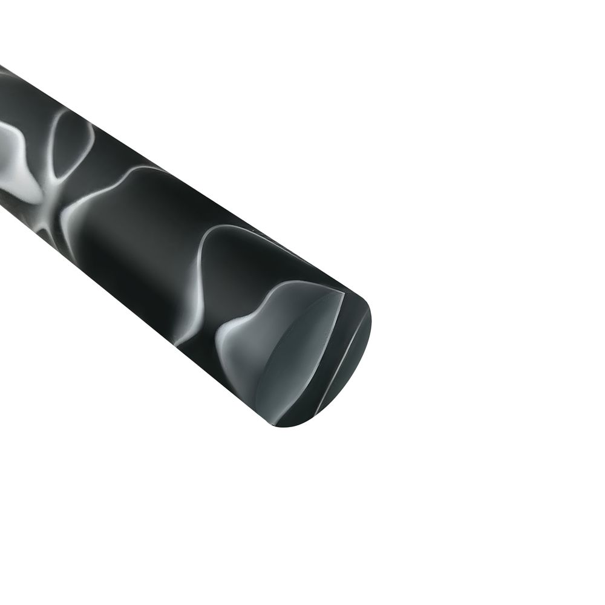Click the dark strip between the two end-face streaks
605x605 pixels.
pos(339,351)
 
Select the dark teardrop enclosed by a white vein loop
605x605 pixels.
pos(70,142)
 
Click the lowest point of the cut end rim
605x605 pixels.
pos(284,427)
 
